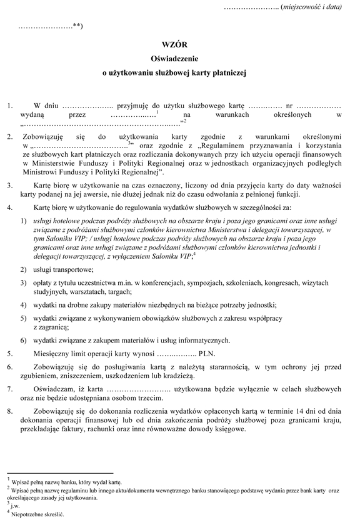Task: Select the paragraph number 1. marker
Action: click(x=9, y=105)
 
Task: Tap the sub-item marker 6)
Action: click(x=22, y=340)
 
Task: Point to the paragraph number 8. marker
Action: click(x=9, y=412)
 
